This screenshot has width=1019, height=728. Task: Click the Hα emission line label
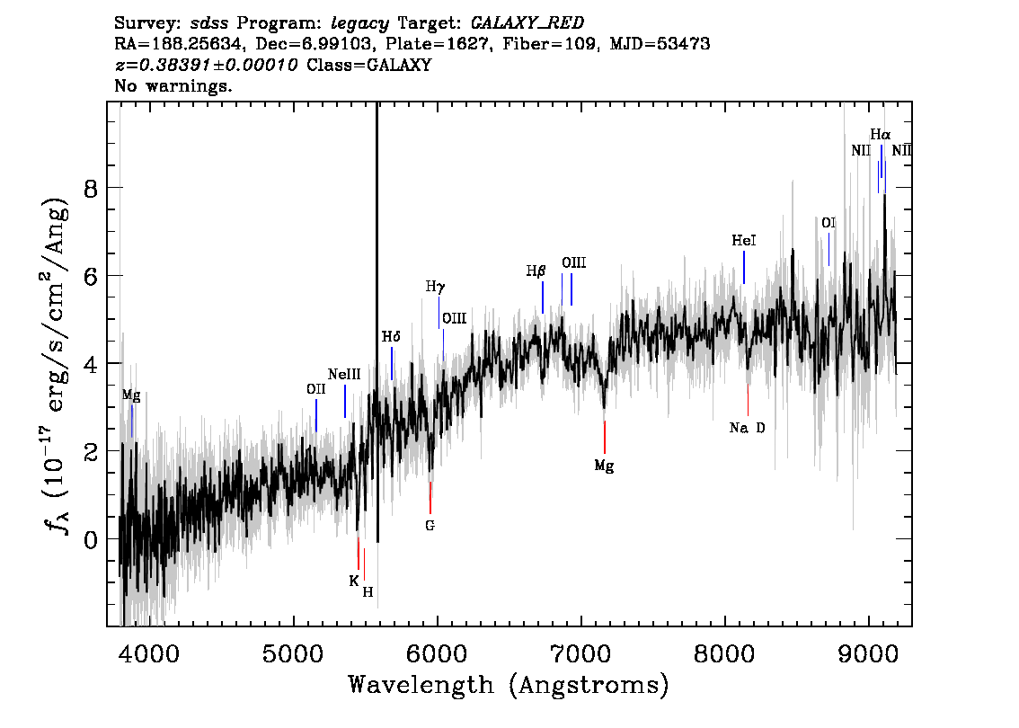tap(880, 135)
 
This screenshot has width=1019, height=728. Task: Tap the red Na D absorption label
tap(747, 428)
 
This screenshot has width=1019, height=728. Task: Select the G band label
tap(430, 525)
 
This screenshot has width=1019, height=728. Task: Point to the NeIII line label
tap(344, 375)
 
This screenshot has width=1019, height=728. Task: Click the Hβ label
tap(536, 271)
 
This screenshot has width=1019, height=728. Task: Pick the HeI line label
tap(743, 241)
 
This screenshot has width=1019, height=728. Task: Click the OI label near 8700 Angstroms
tap(828, 223)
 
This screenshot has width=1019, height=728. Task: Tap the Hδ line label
tap(391, 337)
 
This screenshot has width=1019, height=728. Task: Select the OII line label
tap(315, 388)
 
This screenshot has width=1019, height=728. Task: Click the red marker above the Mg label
tap(605, 437)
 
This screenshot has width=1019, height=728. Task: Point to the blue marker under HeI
tap(743, 267)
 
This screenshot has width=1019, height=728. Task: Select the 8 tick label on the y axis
tap(91, 189)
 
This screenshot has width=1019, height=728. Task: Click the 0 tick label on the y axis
tap(91, 539)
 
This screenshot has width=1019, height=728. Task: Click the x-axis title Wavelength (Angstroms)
tap(509, 685)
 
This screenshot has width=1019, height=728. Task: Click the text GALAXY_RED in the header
tap(527, 23)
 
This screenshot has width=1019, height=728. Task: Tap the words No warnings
tap(173, 85)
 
